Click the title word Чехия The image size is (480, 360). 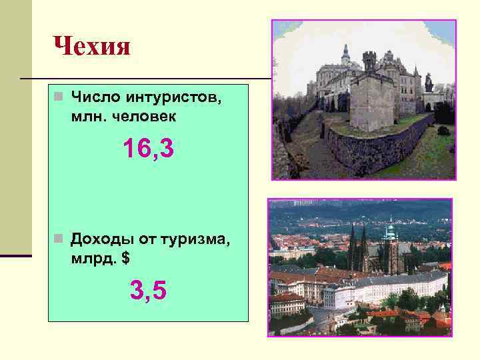[91, 47]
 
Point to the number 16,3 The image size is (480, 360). [148, 149]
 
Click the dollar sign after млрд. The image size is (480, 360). [125, 257]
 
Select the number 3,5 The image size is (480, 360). [148, 291]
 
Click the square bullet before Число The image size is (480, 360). [59, 99]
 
